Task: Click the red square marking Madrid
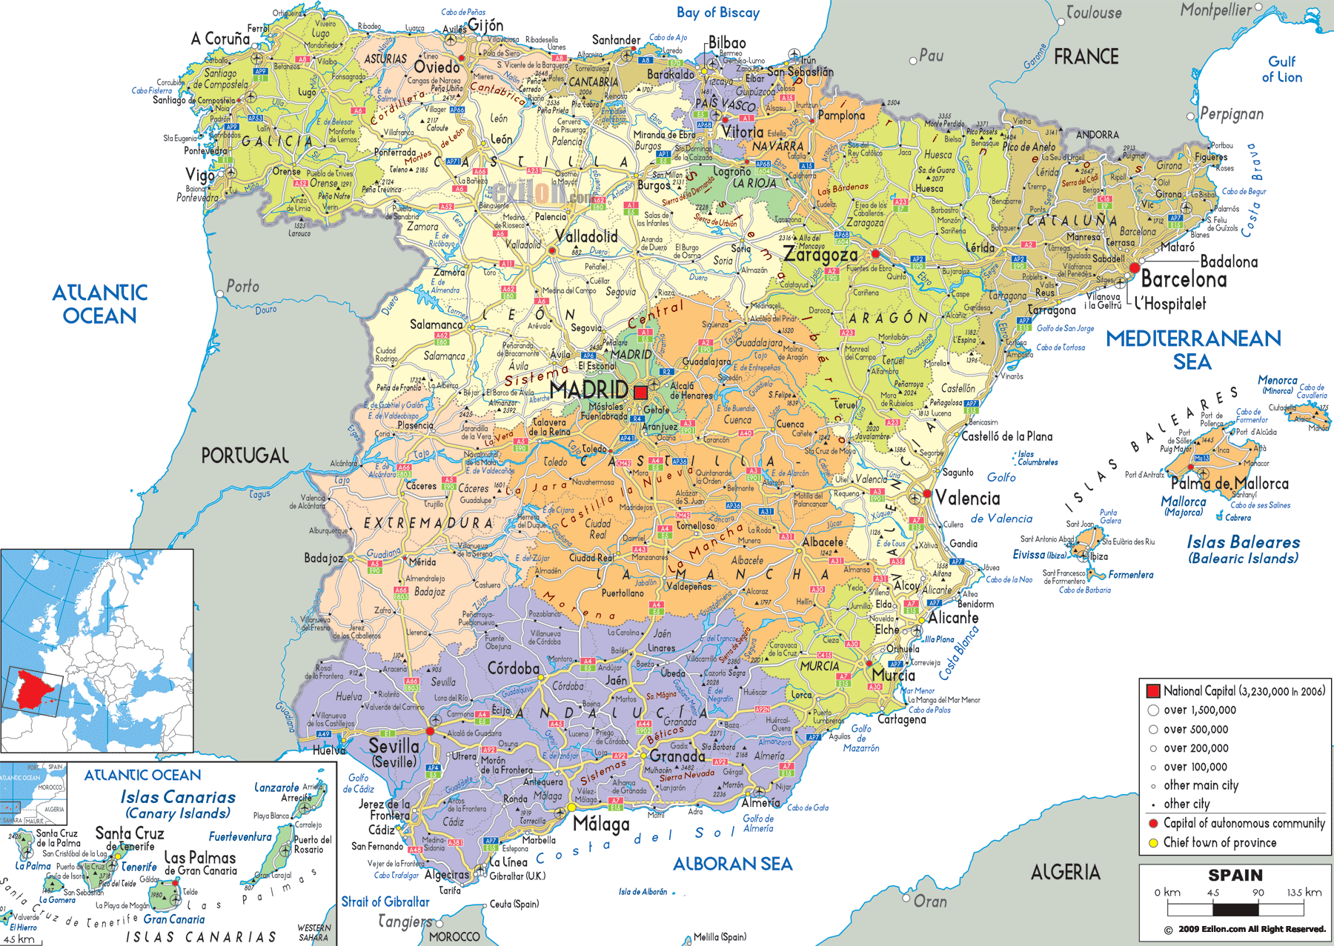coord(640,393)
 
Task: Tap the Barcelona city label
coord(1184,280)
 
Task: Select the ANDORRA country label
coord(1097,135)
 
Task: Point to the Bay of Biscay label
coord(717,13)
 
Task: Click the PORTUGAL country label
coord(245,456)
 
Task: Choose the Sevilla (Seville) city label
coord(394,752)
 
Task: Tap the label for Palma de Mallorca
coord(1230,484)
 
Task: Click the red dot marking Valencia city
coord(926,493)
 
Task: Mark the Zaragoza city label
coord(820,255)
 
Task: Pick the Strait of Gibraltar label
coord(385,902)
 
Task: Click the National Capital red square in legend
coord(1152,691)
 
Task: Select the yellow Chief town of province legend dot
coord(1152,843)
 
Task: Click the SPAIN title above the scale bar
coord(1235,875)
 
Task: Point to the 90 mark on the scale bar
coord(1258,893)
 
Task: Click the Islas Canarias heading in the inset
coord(178,798)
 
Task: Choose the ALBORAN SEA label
coord(732,864)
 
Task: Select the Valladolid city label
coord(586,236)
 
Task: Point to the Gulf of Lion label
coord(1281,69)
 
